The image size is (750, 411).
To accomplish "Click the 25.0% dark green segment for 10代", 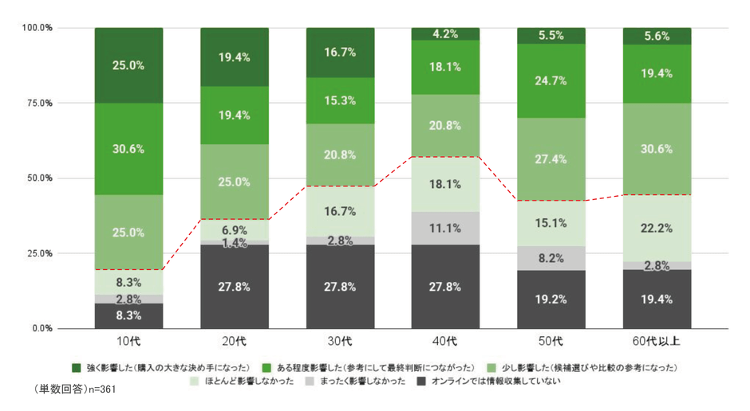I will (128, 65).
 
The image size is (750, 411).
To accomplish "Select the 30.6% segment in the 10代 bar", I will (128, 149).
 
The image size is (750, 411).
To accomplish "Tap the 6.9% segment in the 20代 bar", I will (234, 229).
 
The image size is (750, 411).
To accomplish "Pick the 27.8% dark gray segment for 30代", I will (340, 287).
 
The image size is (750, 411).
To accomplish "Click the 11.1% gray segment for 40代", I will (445, 229).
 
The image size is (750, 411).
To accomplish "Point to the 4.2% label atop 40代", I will (445, 33).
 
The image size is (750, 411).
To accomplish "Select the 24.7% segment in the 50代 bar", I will (551, 80).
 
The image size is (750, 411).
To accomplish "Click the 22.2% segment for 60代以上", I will (657, 228).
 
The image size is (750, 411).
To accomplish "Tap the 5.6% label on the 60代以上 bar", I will (657, 36).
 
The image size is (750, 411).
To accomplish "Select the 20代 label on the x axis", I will (234, 341).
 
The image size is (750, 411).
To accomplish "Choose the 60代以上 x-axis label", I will (657, 341).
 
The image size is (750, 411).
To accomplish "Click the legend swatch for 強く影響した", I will (76, 367).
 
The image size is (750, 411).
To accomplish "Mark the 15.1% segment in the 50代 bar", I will (551, 223).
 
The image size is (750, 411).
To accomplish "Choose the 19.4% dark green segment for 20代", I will (234, 57).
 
